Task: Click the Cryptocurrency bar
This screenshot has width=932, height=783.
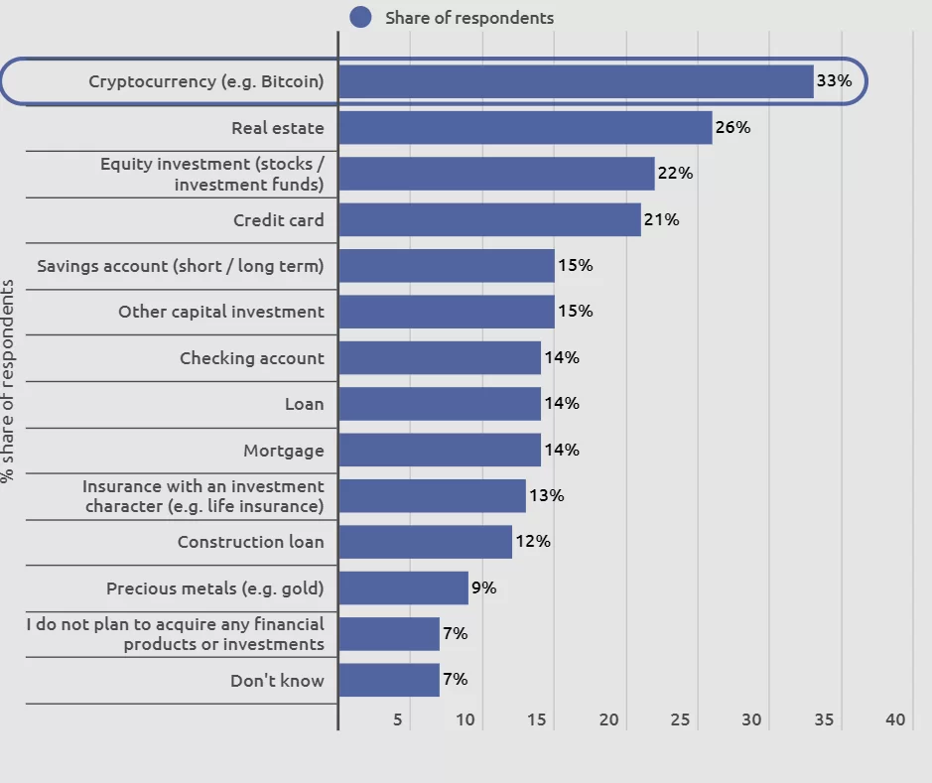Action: [576, 81]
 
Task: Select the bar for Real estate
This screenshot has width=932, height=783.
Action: [525, 127]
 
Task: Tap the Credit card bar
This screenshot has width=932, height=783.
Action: [489, 219]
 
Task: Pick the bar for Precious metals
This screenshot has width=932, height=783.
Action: [403, 587]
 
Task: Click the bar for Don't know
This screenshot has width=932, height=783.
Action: [389, 680]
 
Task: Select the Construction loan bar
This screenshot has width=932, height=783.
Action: [425, 542]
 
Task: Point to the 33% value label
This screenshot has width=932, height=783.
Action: [834, 81]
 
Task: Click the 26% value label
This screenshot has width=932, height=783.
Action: [732, 127]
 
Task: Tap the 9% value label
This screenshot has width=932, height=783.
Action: [483, 587]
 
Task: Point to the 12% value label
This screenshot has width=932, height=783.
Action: [532, 542]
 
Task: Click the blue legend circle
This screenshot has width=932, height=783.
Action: [361, 17]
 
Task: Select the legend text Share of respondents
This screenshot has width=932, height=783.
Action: [469, 18]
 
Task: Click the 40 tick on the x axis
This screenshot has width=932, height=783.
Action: [895, 719]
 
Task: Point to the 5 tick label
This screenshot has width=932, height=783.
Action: [397, 719]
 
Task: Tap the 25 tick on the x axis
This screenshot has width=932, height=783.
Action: [680, 719]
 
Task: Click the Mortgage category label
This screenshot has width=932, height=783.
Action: [284, 451]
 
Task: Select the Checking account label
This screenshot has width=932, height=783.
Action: [252, 358]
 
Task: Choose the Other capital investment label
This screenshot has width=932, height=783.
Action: [221, 312]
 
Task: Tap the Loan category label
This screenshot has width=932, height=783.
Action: [304, 404]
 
